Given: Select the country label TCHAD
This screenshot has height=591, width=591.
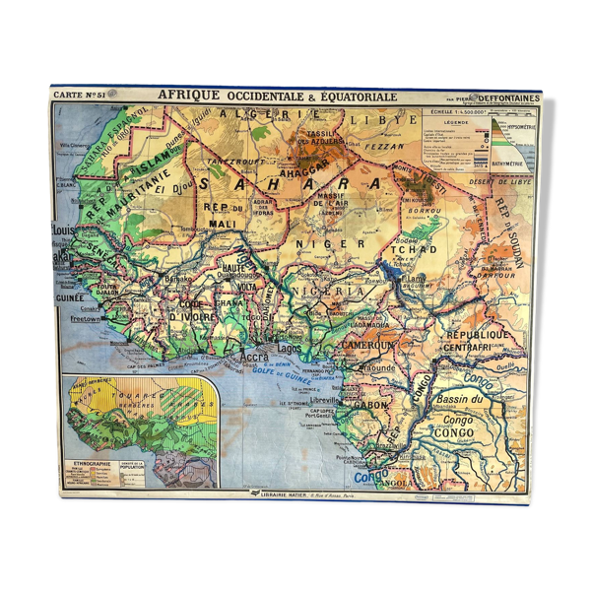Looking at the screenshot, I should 415,250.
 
